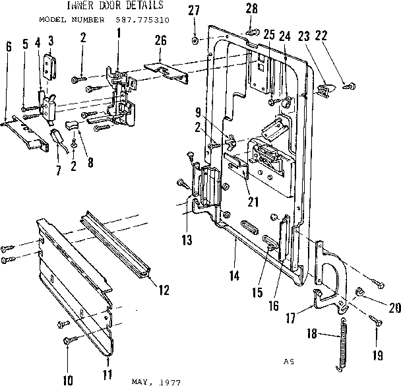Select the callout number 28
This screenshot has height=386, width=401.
click(251, 8)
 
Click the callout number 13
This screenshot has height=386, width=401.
click(187, 240)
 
